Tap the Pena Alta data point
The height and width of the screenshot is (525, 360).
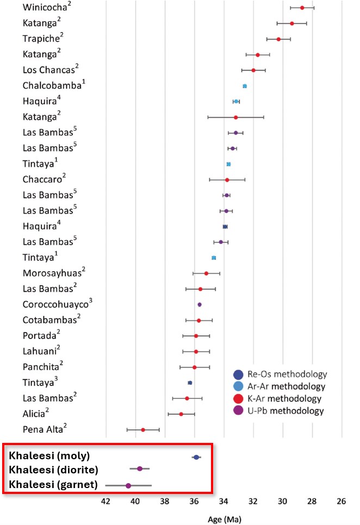tap(143, 430)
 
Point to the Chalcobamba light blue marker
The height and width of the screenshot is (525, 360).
tap(245, 86)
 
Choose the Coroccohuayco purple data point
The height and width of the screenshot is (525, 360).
tap(200, 304)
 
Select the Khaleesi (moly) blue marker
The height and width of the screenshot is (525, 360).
tap(196, 457)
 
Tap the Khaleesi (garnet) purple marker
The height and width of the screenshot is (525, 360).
tap(128, 485)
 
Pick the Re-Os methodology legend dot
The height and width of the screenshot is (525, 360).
tap(238, 374)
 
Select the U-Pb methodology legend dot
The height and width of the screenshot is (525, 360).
tap(238, 410)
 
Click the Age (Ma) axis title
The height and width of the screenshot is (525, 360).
tap(224, 518)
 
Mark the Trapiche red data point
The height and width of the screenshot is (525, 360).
tap(278, 39)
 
